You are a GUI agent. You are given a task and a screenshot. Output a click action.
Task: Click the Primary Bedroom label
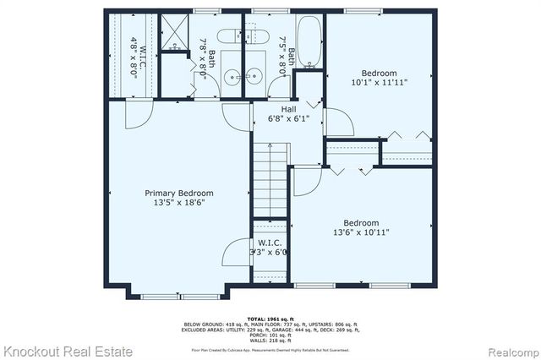tap(178, 193)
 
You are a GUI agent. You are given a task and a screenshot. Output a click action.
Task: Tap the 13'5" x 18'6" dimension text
tap(178, 203)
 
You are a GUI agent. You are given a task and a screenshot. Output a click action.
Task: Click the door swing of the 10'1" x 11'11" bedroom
tap(337, 123)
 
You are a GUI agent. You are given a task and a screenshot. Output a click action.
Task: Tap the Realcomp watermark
tap(504, 349)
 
